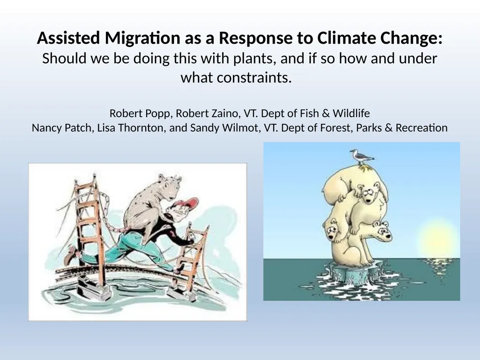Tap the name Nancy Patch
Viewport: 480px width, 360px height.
[62, 127]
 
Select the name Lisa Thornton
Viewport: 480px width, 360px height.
[131, 127]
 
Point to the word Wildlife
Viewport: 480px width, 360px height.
[351, 113]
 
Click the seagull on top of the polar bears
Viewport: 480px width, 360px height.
[361, 157]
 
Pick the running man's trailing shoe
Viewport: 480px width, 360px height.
[70, 255]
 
